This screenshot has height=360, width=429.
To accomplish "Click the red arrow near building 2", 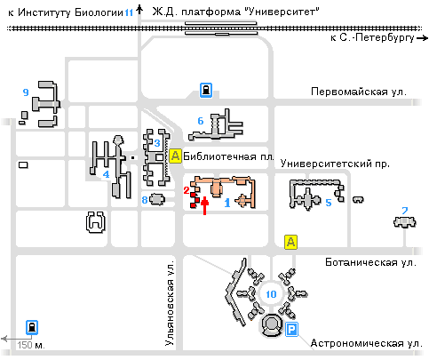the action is point(204,205).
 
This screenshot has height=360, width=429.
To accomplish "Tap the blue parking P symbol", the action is point(291,330).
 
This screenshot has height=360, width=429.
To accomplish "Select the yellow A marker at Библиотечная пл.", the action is point(175,156).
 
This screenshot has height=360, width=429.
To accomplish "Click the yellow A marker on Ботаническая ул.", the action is point(290,242).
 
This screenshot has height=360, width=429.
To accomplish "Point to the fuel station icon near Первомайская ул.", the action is point(206,90).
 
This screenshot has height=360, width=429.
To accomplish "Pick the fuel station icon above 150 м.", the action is point(32,327).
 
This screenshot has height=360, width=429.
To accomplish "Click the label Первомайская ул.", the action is point(359,92).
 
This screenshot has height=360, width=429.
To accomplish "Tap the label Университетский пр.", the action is point(335,164).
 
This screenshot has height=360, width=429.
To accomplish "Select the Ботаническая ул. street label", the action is point(370,262).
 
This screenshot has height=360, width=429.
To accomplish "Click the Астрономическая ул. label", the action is point(367,343).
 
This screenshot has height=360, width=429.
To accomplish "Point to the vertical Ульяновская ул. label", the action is point(170,303).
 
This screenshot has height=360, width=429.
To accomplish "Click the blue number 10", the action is point(271,294).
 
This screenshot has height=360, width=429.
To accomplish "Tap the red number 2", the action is point(187,190).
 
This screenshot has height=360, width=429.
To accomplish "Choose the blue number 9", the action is point(26,92).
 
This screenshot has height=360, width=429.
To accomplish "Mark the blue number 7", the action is point(405,211).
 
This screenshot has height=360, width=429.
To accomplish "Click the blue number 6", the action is point(201,121).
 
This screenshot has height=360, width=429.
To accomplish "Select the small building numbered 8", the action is point(157,199).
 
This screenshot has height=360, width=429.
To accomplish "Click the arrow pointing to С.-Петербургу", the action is point(422,38).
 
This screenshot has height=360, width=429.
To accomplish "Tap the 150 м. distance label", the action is point(31,345).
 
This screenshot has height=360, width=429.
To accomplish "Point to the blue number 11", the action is point(129,12).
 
